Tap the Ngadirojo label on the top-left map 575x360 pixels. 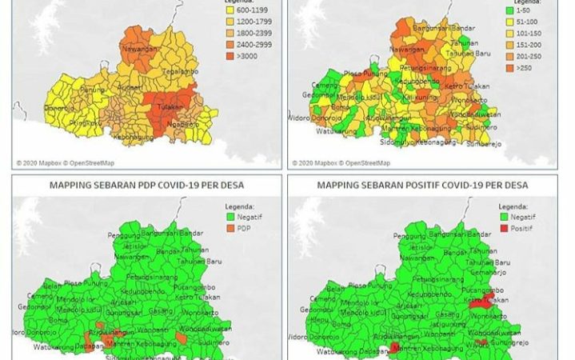point(182,124)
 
